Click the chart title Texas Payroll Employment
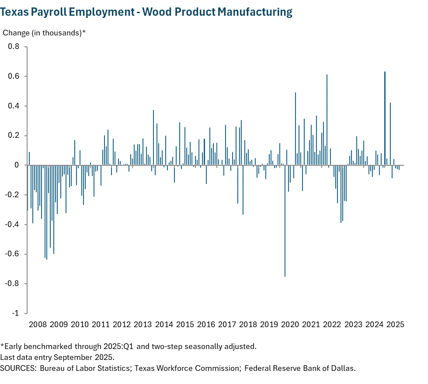tap(146, 12)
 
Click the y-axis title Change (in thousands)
tap(44, 33)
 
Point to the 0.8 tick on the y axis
tap(14, 47)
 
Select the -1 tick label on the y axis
tap(16, 314)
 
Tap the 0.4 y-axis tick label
tap(14, 106)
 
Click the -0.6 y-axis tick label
tap(13, 254)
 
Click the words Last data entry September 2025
tap(57, 357)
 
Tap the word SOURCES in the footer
tap(18, 368)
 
